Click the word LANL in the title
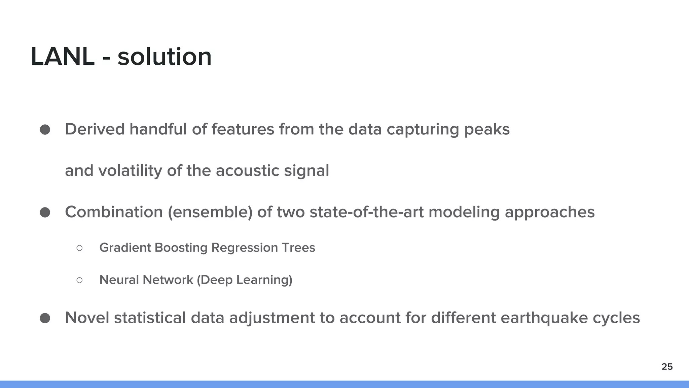[63, 57]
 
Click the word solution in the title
[165, 57]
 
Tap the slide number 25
[667, 367]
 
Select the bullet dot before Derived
[45, 130]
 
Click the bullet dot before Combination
[45, 213]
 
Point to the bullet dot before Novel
[45, 318]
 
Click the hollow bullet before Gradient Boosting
[79, 248]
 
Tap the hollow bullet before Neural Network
[79, 280]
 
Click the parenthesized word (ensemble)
[210, 213]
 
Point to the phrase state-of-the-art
[366, 213]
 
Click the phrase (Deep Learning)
[244, 280]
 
